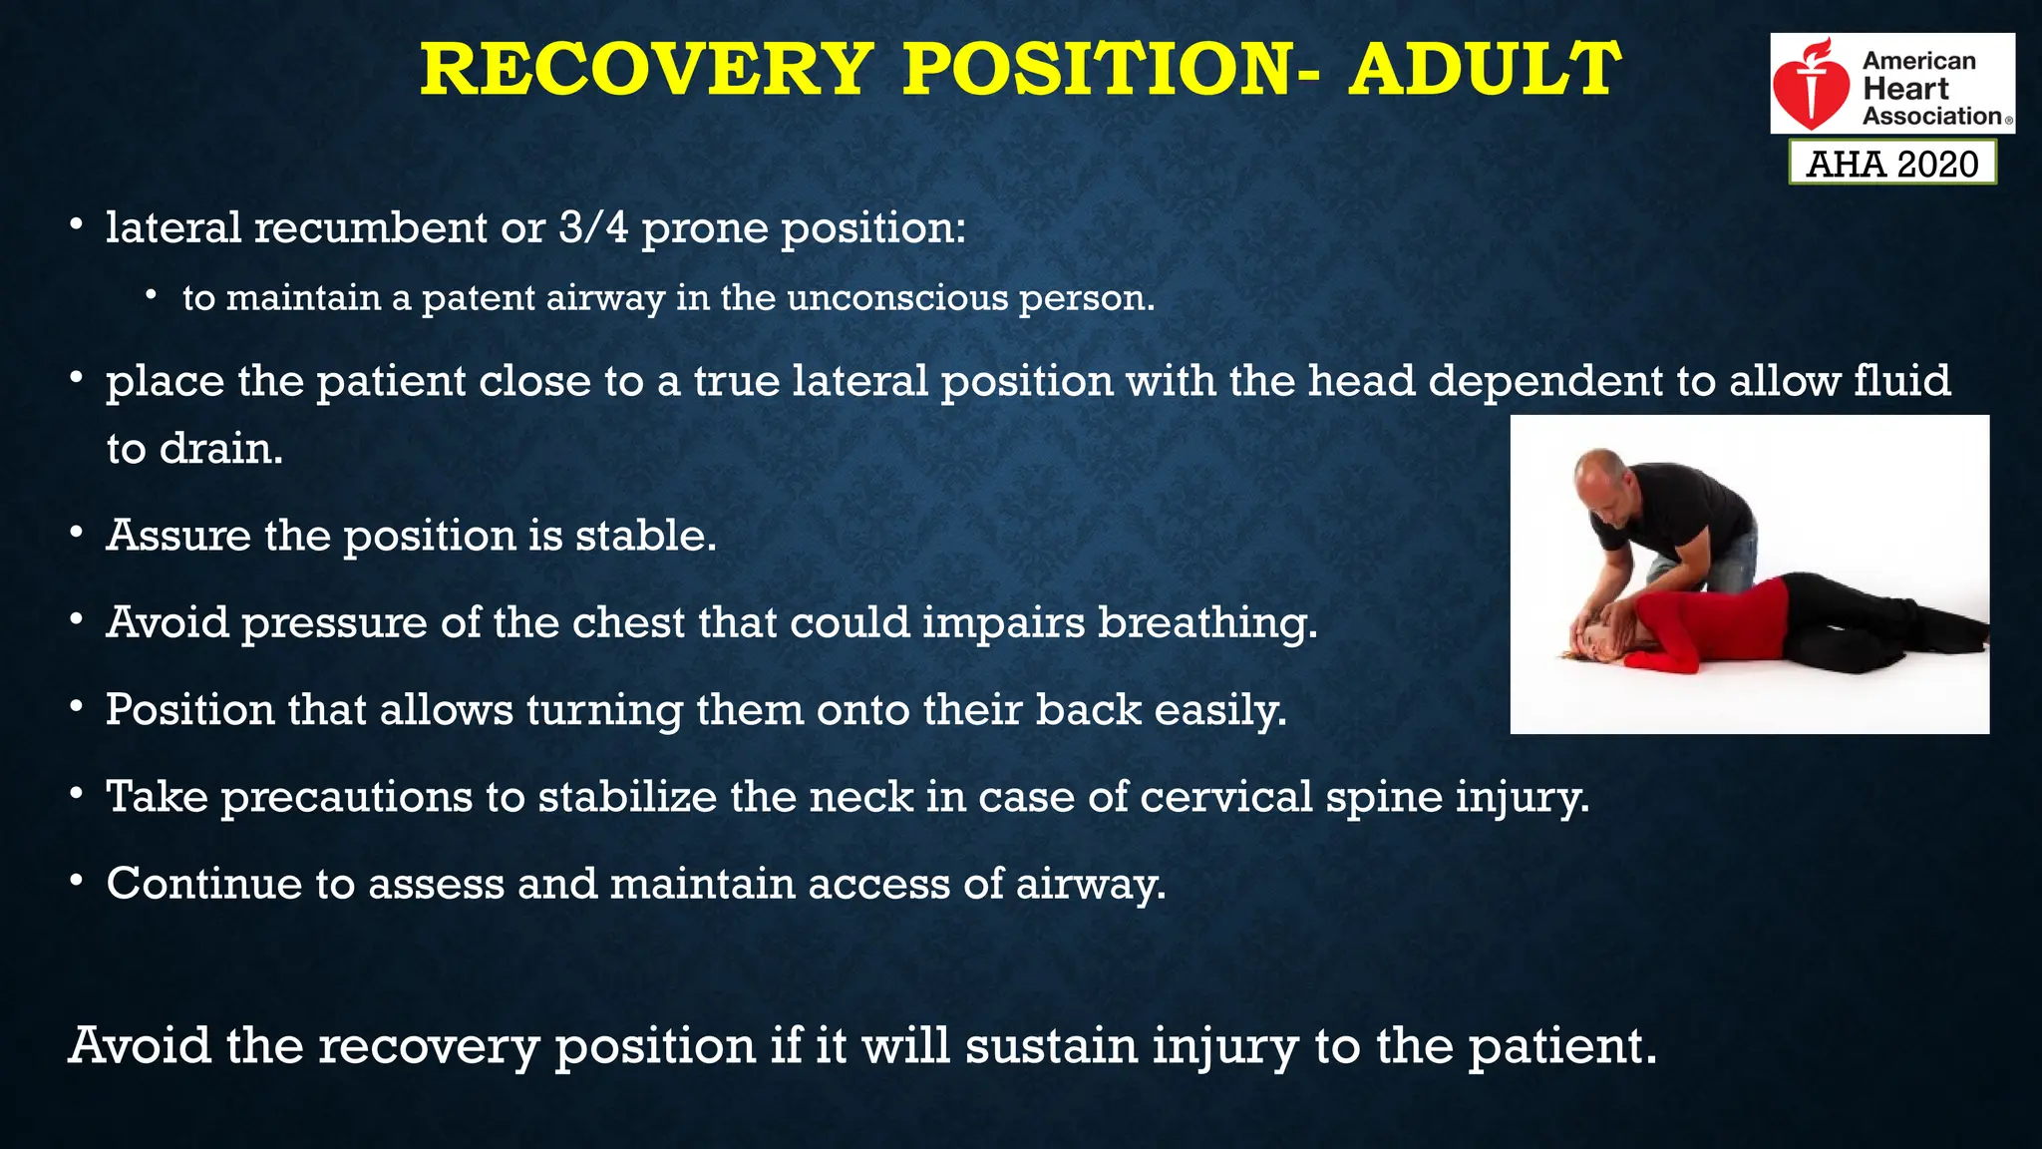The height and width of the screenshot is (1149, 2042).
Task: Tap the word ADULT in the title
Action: pos(1484,70)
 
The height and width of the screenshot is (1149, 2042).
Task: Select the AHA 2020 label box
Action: pos(1892,163)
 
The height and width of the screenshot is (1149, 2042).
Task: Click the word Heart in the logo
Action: pos(1905,89)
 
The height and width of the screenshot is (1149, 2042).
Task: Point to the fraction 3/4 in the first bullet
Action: pos(593,227)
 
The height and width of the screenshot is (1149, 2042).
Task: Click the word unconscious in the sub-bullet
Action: pos(897,298)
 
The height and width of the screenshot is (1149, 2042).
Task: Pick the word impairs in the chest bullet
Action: pos(1003,623)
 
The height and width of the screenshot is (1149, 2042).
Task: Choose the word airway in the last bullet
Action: pos(1089,884)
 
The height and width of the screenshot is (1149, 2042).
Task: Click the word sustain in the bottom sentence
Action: pos(1051,1045)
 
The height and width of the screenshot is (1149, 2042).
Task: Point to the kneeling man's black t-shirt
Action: pos(1685,514)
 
